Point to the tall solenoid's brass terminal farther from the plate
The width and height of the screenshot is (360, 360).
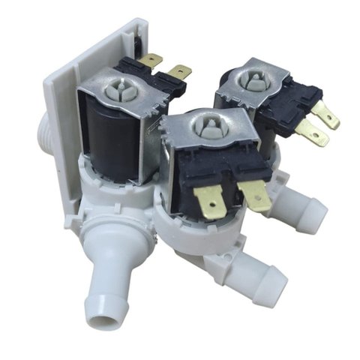click(178, 73)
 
